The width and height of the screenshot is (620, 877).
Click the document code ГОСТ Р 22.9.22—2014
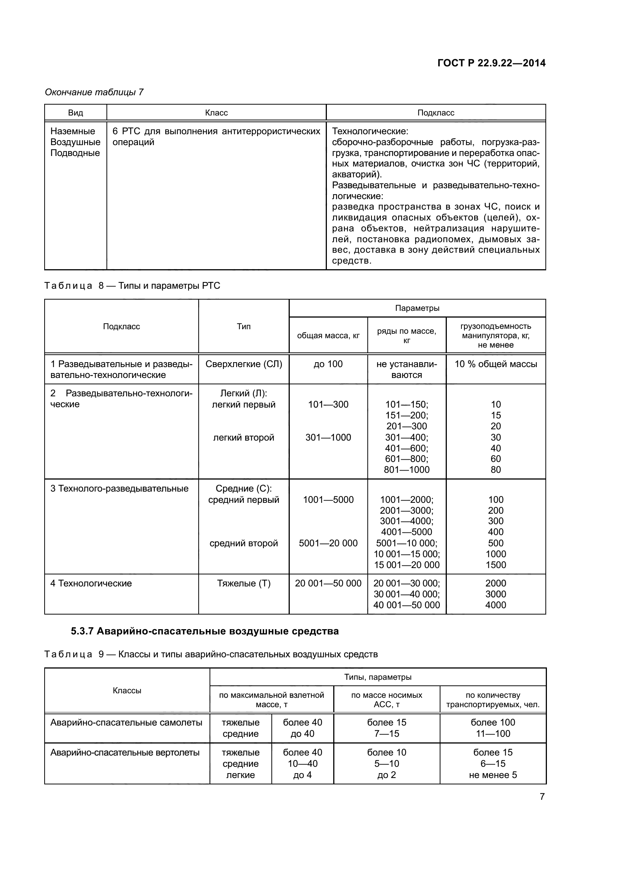(491, 63)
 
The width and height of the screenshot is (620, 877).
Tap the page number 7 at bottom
(542, 797)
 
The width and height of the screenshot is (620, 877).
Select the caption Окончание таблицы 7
(94, 92)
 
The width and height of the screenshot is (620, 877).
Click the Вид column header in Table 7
(76, 113)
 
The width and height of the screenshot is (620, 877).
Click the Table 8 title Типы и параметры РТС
(169, 286)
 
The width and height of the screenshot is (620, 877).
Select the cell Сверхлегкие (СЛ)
(244, 364)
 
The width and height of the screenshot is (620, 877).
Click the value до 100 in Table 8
(328, 364)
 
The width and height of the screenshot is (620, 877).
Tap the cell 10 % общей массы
(496, 364)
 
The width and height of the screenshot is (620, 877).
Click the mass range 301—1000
(328, 437)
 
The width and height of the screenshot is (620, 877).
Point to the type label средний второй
(244, 543)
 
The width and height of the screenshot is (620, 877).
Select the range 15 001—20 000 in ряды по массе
(407, 565)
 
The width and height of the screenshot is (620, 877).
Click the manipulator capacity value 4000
(496, 605)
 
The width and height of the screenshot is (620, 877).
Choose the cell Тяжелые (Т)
(244, 583)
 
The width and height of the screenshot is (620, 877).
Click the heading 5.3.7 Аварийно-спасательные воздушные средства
(205, 631)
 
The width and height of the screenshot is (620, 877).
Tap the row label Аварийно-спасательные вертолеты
(125, 753)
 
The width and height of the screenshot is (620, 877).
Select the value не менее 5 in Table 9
(493, 775)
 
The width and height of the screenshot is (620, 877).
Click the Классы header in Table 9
(127, 690)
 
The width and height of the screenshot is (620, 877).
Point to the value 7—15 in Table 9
(387, 733)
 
